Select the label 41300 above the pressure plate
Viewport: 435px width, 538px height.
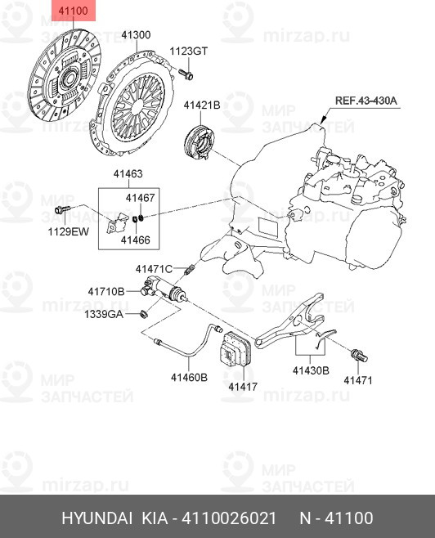click(x=137, y=35)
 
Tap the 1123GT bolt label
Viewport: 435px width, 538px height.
click(x=189, y=51)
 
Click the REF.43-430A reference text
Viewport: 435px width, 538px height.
click(x=365, y=101)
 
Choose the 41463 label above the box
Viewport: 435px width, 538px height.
click(x=128, y=174)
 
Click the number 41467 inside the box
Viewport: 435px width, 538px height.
click(x=140, y=199)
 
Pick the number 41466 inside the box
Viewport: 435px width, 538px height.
click(x=135, y=240)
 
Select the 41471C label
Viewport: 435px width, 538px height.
click(x=154, y=269)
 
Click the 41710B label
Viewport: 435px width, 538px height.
click(x=106, y=291)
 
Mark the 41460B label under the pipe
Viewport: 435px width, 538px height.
click(x=189, y=377)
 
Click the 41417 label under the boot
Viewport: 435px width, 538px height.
click(x=243, y=385)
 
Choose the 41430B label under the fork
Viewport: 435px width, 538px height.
click(x=310, y=370)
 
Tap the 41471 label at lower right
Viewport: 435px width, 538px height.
click(x=357, y=380)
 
